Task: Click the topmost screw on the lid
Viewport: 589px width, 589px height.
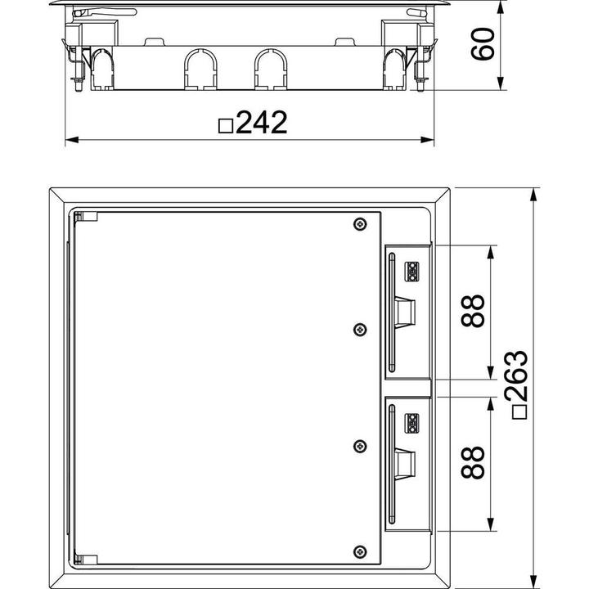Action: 359,225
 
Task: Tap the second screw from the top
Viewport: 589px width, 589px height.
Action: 359,329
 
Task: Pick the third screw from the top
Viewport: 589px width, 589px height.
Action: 359,446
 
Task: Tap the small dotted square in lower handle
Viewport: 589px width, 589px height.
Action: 413,422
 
